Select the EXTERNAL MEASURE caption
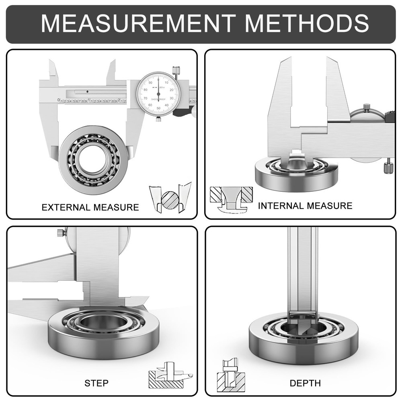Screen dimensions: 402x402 point(90,207)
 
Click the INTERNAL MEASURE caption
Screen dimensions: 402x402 point(305,206)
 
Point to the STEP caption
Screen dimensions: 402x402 point(96,383)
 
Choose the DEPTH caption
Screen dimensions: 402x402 point(305,383)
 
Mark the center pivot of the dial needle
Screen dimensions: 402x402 point(158,94)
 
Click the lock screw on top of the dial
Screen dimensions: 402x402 point(176,69)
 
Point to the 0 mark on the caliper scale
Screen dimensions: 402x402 point(59,100)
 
